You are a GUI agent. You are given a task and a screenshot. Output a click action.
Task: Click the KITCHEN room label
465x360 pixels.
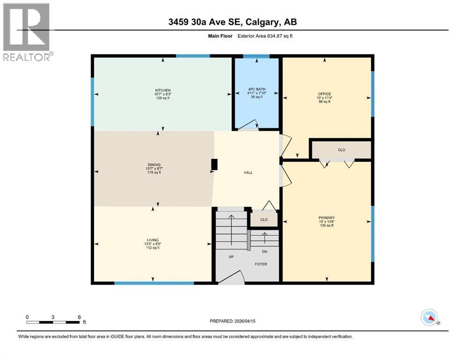162,90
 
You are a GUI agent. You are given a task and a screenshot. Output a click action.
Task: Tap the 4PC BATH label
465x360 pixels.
257,89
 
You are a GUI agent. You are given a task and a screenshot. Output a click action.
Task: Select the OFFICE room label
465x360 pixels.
325,94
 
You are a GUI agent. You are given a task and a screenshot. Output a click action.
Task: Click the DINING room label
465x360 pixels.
155,165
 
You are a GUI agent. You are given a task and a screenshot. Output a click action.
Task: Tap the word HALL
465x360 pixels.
248,172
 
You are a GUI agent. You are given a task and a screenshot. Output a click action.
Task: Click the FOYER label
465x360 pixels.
261,264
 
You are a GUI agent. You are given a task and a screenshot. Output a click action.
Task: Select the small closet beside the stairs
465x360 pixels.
264,219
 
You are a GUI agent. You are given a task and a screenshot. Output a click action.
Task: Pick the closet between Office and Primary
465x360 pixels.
341,150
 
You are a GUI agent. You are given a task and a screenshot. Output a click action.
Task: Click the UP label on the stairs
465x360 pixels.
231,256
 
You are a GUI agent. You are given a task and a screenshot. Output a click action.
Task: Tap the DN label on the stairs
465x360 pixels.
265,251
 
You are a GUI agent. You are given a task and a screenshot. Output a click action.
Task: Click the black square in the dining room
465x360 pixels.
214,165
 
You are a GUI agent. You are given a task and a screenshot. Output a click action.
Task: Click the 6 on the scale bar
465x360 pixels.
80,317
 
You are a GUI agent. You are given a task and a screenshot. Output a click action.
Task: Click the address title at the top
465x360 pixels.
232,22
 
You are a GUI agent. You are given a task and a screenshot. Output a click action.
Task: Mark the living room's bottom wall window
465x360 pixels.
154,283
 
